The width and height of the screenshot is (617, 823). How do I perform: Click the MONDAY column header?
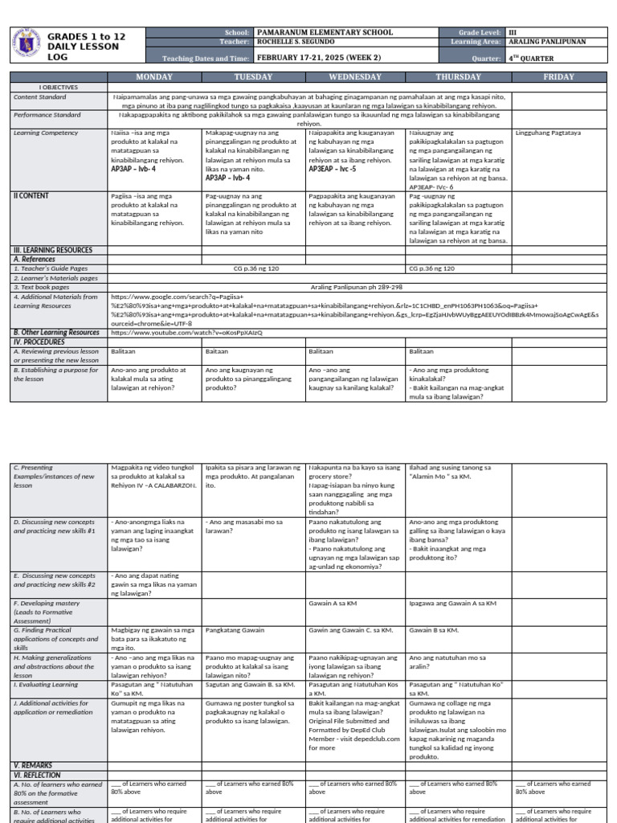[x=154, y=76]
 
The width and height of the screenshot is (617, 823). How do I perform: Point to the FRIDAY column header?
[x=558, y=76]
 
